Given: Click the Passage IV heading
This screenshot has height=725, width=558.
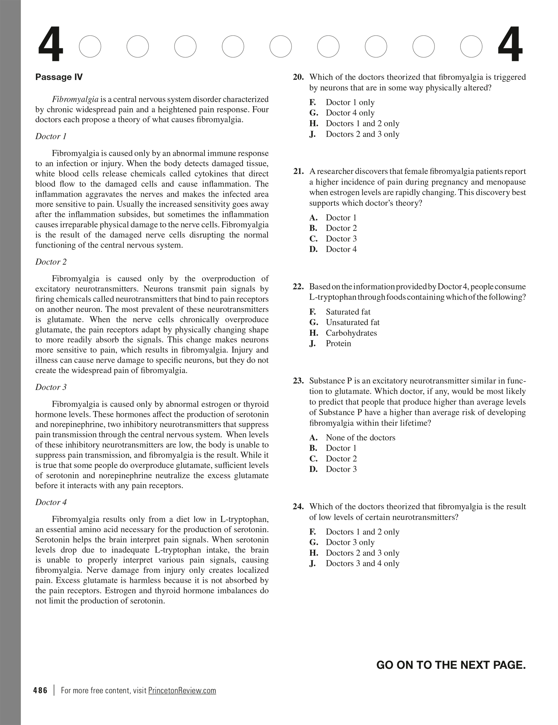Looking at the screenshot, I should pos(59,77).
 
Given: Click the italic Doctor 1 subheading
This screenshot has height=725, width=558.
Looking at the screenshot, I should pos(51,136).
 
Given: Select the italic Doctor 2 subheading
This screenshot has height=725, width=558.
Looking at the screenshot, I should pos(51,262).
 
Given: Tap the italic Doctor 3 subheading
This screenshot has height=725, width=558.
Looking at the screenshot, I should pos(51,387).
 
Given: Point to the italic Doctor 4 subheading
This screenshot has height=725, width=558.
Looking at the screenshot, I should pos(51,502).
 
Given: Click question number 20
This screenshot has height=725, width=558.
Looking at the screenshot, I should pos(298,77).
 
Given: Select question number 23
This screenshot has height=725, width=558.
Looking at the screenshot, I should pos(298,381).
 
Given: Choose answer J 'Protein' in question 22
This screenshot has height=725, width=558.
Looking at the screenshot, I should pos(338,343).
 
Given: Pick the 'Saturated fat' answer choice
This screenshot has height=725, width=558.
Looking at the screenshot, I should pos(348,312).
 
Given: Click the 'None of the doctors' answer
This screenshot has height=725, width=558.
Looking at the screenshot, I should pos(360,437).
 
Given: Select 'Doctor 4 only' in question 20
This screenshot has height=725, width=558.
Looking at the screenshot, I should pos(350,113).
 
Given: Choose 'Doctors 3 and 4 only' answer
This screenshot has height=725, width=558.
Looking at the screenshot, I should pos(362,563).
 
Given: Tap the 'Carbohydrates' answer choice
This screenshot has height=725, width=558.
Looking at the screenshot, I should pos(351,333).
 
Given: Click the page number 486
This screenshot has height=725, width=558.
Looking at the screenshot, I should pos(40,690).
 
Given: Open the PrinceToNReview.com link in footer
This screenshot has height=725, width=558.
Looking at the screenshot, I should pos(182,690).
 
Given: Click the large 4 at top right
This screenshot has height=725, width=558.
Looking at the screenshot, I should pos(510,45).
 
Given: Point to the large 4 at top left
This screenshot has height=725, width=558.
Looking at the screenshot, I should pos(50,45).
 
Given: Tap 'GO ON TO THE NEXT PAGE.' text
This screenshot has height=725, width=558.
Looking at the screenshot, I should pos(451,664).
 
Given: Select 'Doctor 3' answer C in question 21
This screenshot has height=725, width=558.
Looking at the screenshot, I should pos(341,238).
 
